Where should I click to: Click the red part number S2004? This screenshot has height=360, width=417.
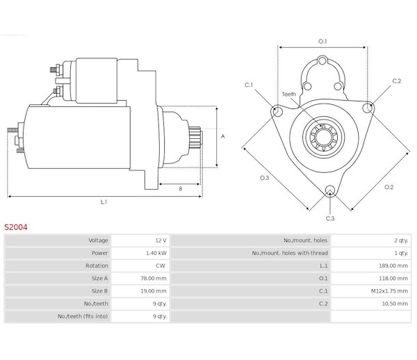pyautogui.click(x=16, y=227)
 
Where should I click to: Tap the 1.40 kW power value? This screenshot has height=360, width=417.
pyautogui.click(x=156, y=253)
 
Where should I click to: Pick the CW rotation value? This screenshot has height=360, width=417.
pyautogui.click(x=161, y=265)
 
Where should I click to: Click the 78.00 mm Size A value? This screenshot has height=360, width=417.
pyautogui.click(x=154, y=279)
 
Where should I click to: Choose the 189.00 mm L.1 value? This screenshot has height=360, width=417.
pyautogui.click(x=393, y=265)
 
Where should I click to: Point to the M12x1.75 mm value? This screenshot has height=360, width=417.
pyautogui.click(x=389, y=291)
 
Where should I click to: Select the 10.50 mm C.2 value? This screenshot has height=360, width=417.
pyautogui.click(x=395, y=304)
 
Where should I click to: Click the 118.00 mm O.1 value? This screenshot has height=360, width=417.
pyautogui.click(x=393, y=279)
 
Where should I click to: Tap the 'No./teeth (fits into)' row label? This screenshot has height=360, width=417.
pyautogui.click(x=83, y=316)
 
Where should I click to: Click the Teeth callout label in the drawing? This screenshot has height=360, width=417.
pyautogui.click(x=289, y=94)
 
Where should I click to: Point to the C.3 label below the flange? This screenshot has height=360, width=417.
pyautogui.click(x=330, y=218)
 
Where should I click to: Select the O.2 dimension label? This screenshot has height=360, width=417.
pyautogui.click(x=389, y=187)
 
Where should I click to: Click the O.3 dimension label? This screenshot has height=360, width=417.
pyautogui.click(x=264, y=178)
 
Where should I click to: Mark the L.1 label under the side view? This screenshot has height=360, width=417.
pyautogui.click(x=104, y=202)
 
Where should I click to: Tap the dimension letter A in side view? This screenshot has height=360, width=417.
pyautogui.click(x=223, y=136)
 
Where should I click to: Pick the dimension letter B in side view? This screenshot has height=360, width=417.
pyautogui.click(x=181, y=189)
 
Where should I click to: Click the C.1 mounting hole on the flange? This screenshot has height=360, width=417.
pyautogui.click(x=277, y=111)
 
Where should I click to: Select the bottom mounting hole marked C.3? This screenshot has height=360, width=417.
pyautogui.click(x=329, y=190)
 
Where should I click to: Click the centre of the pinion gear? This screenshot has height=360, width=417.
pyautogui.click(x=324, y=138)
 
